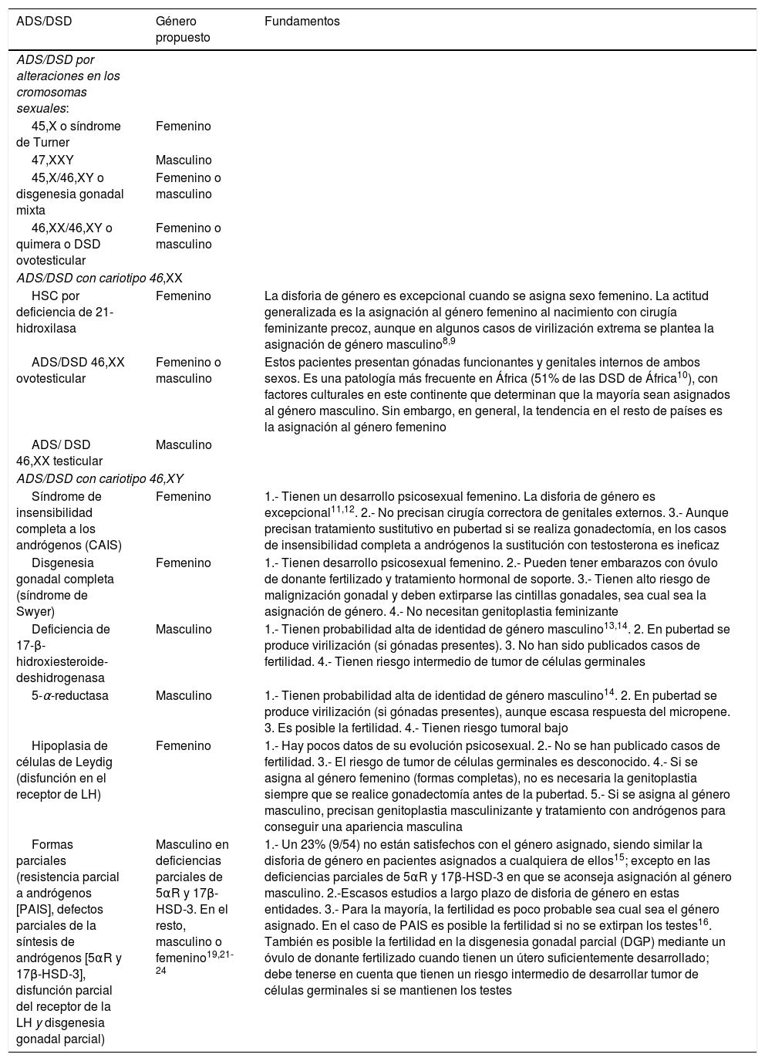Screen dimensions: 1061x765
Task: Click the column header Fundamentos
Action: click(302, 22)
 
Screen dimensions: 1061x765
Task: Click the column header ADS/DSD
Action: click(44, 22)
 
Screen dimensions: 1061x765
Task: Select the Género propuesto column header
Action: click(183, 29)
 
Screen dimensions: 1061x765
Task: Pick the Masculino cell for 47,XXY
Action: click(184, 161)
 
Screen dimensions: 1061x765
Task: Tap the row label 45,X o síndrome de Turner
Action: click(69, 134)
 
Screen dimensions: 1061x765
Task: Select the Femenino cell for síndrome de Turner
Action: click(183, 127)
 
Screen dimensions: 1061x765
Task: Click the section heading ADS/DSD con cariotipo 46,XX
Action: click(99, 278)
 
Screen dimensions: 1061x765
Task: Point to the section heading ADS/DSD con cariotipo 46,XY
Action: click(99, 478)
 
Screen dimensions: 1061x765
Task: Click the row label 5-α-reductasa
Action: click(70, 696)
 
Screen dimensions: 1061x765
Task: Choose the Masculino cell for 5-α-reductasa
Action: click(184, 696)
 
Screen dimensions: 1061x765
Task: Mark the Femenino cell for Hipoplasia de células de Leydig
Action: click(183, 746)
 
